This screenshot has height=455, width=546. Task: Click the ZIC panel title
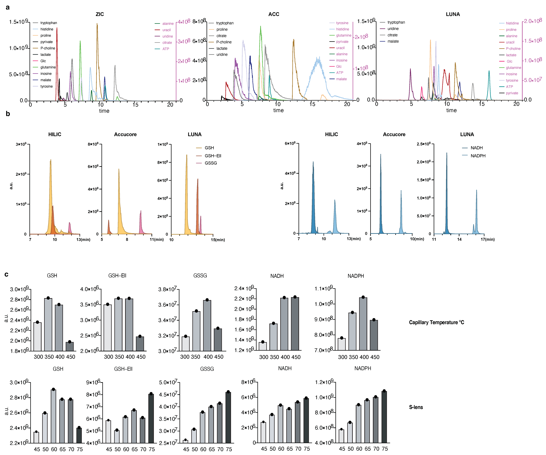point(100,14)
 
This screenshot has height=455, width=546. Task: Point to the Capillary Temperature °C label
point(436,322)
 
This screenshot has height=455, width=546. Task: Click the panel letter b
point(8,114)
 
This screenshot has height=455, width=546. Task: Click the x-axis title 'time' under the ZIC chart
point(104,111)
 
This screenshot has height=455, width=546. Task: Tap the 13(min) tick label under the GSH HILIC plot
point(83,239)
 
